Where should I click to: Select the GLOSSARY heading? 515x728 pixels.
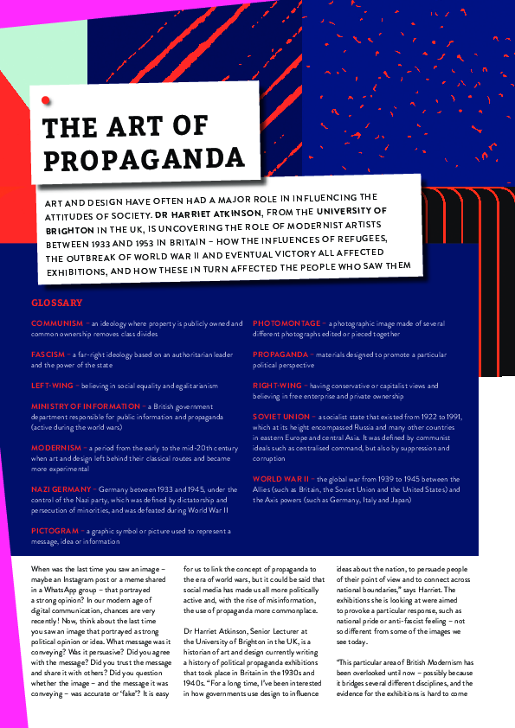pyautogui.click(x=56, y=303)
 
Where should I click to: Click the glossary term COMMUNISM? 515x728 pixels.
pyautogui.click(x=57, y=323)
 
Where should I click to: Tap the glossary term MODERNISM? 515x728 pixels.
pyautogui.click(x=56, y=448)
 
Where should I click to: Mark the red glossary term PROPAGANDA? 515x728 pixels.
pyautogui.click(x=282, y=354)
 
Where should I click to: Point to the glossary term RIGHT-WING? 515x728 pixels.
pyautogui.click(x=277, y=386)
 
